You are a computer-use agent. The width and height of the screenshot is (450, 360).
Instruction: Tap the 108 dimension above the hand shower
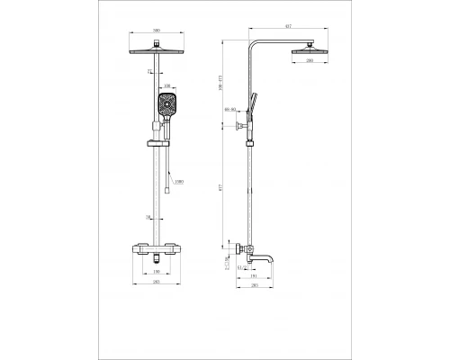click(x=166, y=86)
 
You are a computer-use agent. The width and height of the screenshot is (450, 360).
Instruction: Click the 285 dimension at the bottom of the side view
click(x=255, y=285)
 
